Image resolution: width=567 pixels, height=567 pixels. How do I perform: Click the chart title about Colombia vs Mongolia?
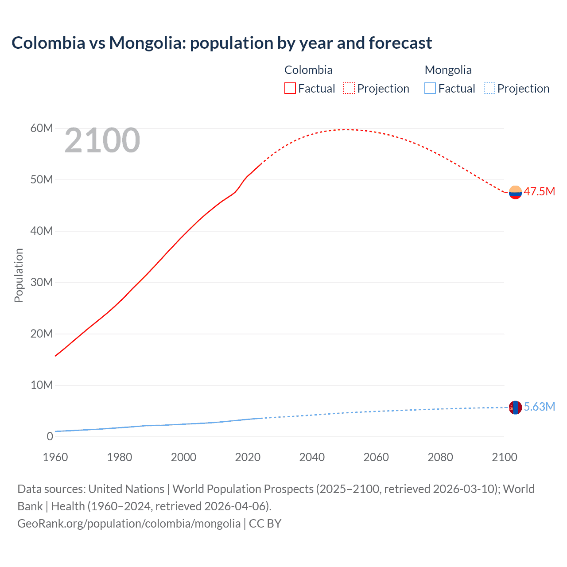pos(221,43)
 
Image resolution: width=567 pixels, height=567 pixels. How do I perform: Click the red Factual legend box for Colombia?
pos(290,88)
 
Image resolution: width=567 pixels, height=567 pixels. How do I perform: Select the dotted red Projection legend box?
pos(349,88)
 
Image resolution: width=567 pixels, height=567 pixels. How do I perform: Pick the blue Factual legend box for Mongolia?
pos(430,88)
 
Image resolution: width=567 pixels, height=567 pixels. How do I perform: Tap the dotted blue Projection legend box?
pos(489,88)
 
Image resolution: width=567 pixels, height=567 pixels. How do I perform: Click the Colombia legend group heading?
pos(308,70)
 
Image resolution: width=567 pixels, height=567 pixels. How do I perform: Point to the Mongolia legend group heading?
pos(448,70)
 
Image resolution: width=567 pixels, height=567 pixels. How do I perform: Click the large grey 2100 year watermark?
pos(102,141)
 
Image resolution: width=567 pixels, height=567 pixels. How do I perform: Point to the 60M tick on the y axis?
pos(42,128)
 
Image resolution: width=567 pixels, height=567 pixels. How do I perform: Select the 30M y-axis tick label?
pos(42,283)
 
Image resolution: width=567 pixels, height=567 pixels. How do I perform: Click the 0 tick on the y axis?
pos(50,436)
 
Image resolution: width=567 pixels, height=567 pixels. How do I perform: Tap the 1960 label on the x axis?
pos(55,457)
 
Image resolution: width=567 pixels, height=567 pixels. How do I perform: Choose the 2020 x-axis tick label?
pos(248,457)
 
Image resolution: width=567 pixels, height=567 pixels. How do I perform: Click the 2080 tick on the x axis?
pos(440,457)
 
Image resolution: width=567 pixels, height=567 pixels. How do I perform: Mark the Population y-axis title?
pos(19,275)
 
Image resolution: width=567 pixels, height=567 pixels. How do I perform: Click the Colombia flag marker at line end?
pos(515,192)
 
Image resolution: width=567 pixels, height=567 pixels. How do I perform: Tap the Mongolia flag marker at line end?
pos(515,407)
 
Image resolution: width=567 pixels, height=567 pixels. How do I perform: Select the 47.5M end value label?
pos(539,191)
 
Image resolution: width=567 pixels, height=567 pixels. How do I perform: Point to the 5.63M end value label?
pos(539,407)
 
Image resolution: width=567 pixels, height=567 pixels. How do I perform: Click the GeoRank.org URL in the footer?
pos(129,524)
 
